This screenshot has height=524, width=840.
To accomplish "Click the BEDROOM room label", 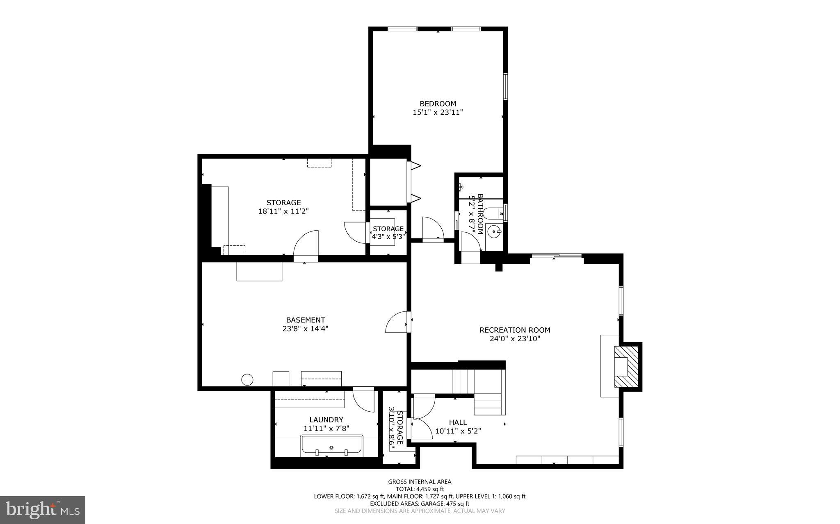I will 438,104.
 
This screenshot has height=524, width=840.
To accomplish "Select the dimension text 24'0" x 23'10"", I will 515,339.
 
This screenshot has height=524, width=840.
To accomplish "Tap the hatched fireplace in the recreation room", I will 627,367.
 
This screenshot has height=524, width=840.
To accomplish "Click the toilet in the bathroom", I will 492,213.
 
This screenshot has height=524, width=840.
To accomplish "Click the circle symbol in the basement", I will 247,379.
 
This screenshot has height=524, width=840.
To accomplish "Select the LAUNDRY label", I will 326,420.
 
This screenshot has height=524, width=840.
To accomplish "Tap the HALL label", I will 458,422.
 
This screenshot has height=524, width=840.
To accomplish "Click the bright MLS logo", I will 42,510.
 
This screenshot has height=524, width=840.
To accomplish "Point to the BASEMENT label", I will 306,320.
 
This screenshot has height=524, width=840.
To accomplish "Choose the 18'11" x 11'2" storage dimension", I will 283,211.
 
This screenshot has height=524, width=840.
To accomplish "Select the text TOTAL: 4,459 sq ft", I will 420,489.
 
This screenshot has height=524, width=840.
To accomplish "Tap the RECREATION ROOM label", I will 515,330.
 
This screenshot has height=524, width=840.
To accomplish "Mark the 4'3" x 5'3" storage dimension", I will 388,236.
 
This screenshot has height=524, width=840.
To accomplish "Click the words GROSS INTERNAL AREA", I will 420,482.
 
